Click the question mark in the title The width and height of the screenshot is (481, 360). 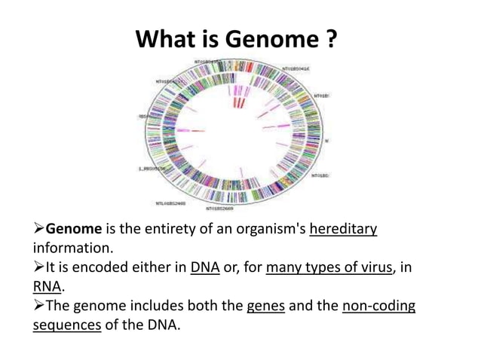(x=331, y=38)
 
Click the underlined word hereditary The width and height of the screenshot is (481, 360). (x=343, y=229)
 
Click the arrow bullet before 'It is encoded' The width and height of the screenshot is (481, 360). (x=39, y=267)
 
